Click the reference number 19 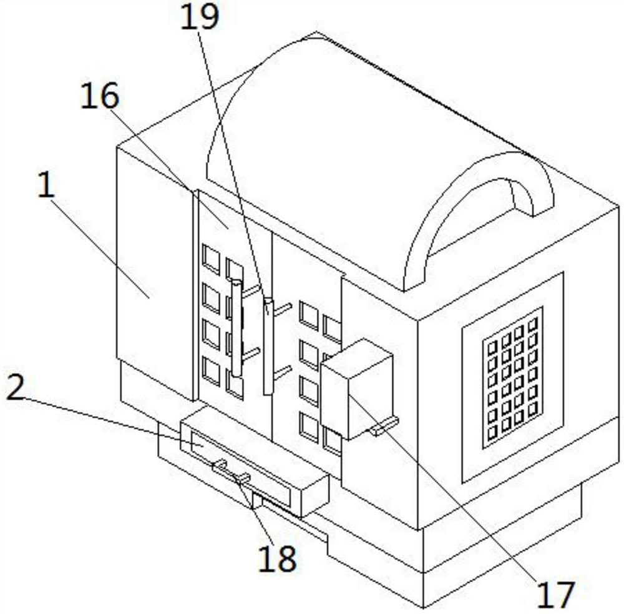pos(200,18)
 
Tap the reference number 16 pos(100,97)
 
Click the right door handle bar pos(268,347)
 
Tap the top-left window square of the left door pos(211,258)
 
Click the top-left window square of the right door pos(308,314)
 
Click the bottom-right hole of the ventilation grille pos(532,409)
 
